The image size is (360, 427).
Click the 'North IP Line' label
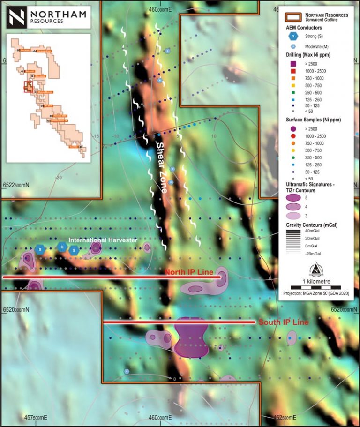(189, 272)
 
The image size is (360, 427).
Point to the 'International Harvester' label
(103, 240)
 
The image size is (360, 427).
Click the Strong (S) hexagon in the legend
(294, 36)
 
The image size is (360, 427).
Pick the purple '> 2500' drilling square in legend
(293, 64)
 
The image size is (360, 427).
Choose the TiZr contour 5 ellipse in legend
(294, 198)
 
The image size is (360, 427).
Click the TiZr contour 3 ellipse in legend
(294, 216)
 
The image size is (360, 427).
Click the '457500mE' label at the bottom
(33, 417)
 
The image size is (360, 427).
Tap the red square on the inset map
(28, 86)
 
